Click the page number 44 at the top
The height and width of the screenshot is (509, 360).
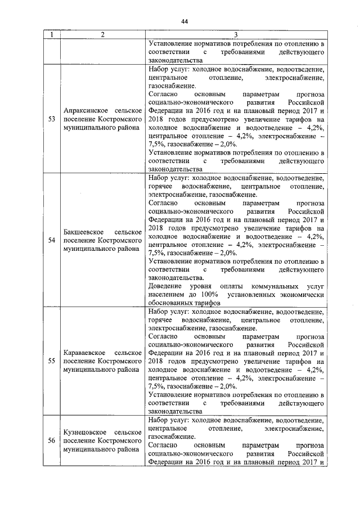pyautogui.click(x=184, y=21)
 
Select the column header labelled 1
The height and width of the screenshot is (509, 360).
pyautogui.click(x=52, y=35)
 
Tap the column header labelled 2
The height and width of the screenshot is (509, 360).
pyautogui.click(x=102, y=35)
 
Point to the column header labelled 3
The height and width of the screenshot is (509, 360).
pyautogui.click(x=236, y=35)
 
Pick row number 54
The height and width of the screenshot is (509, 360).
pyautogui.click(x=52, y=240)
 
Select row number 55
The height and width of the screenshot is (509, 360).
pyautogui.click(x=52, y=361)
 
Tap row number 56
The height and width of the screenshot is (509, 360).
pyautogui.click(x=52, y=440)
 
